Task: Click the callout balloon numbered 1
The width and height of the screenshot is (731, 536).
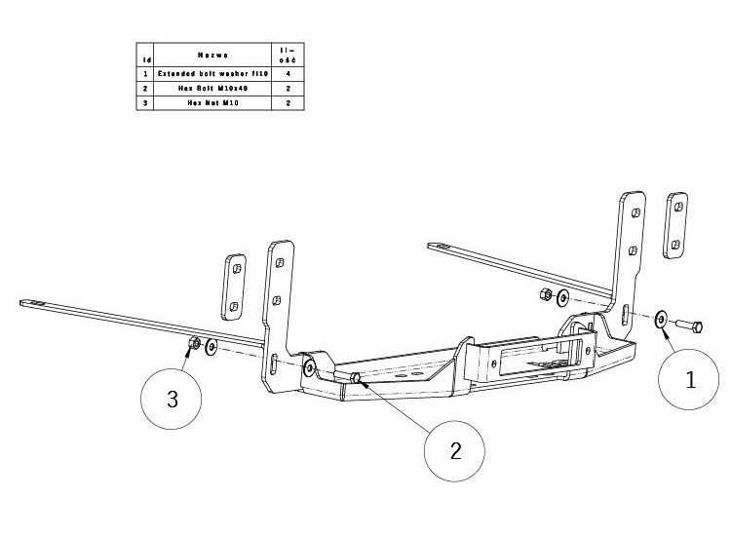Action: [x=690, y=380]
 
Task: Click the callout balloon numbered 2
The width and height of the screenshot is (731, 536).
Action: [x=454, y=451]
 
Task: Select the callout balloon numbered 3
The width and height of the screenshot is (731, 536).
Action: [x=173, y=399]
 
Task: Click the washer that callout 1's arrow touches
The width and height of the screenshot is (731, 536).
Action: [x=661, y=319]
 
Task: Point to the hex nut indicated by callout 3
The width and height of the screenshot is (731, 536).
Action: [x=194, y=343]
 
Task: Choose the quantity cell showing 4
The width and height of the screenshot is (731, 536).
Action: [x=287, y=73]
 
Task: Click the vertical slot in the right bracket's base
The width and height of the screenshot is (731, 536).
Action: [x=623, y=316]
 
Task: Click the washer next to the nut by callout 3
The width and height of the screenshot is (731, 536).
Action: [x=212, y=347]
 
